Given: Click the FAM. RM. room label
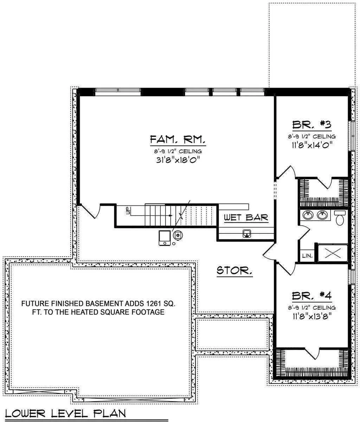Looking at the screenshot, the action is (x=178, y=140).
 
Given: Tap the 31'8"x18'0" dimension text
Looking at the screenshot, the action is (x=178, y=160).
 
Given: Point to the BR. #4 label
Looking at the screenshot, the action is (x=311, y=296).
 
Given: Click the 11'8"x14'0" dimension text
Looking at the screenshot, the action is (x=312, y=145).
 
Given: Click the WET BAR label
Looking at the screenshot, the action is (x=246, y=217).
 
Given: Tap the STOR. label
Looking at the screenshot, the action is (x=234, y=270).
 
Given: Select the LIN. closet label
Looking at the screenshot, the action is (x=307, y=256).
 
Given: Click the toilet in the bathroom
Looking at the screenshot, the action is (x=340, y=218).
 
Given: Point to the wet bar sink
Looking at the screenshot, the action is (x=247, y=233).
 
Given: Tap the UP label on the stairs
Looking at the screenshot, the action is (x=128, y=211).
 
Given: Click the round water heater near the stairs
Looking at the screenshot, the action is (x=178, y=234).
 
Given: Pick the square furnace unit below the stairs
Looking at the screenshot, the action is (x=165, y=238).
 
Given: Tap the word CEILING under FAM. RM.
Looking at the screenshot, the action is (x=190, y=152).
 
